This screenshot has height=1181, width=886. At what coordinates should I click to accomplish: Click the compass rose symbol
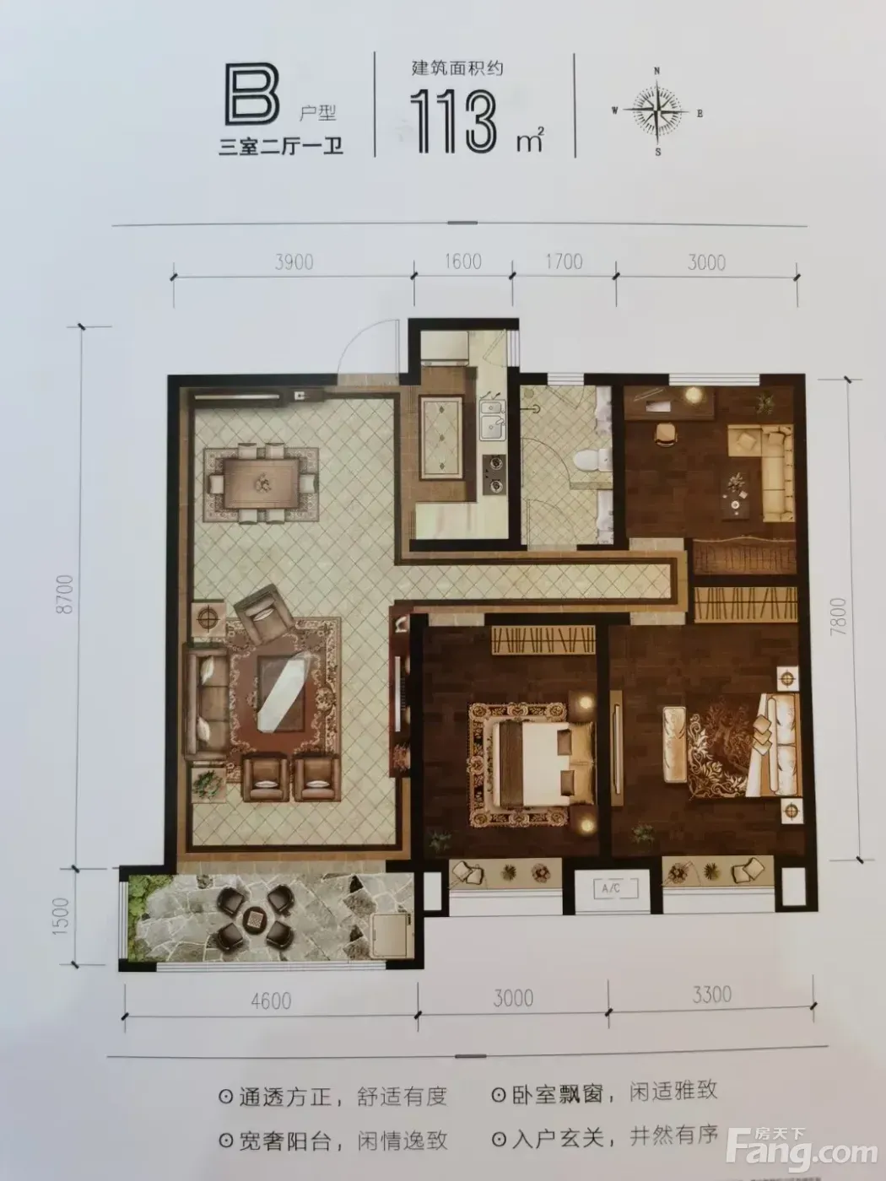coord(656,112)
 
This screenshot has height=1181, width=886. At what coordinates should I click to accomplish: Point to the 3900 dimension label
coord(294,262)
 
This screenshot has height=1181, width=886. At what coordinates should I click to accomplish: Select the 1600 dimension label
coord(462,262)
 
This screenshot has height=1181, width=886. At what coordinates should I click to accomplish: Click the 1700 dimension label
coord(563,262)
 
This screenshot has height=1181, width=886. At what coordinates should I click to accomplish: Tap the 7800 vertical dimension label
coord(839,616)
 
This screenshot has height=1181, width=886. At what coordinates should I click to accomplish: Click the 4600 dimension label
coord(271,1000)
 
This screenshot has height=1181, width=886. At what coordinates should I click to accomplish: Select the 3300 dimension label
coord(711,995)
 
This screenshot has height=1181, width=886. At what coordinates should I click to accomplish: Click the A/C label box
coord(615,888)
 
